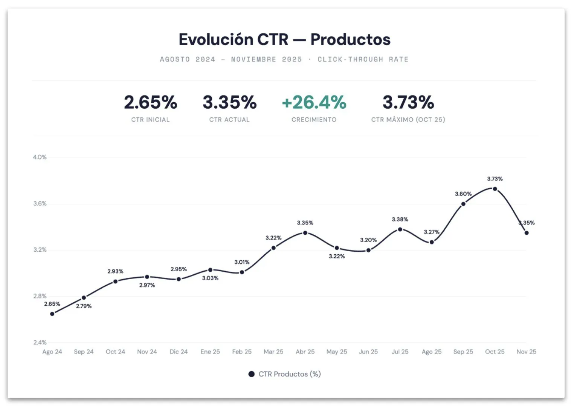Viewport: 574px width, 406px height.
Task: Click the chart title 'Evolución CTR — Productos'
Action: [284, 40]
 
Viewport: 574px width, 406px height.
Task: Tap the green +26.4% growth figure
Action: [314, 102]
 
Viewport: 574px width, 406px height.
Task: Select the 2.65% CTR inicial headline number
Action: [150, 102]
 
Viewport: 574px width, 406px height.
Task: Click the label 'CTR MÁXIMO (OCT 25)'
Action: [408, 120]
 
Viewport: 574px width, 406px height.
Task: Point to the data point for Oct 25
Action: [495, 189]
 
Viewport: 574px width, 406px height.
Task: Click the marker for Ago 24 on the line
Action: [52, 314]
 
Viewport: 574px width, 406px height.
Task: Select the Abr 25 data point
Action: [305, 233]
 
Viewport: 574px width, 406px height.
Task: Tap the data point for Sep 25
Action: [463, 204]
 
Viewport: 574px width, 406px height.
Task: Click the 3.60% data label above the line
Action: [463, 194]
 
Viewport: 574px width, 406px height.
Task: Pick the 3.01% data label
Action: [242, 262]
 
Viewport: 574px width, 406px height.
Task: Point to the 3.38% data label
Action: [400, 219]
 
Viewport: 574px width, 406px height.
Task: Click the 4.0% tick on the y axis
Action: [40, 157]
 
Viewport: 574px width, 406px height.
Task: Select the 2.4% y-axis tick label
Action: [40, 343]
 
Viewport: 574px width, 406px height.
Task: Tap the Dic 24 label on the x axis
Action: [179, 352]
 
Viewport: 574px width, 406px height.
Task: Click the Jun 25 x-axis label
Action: [368, 352]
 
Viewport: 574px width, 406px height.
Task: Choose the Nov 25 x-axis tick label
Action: [526, 352]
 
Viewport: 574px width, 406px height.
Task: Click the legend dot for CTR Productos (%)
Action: [252, 374]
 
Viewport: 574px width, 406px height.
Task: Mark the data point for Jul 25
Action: [400, 229]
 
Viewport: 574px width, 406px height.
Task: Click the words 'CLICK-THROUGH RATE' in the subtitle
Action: [363, 59]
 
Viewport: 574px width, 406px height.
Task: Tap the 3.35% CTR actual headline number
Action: [229, 102]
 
